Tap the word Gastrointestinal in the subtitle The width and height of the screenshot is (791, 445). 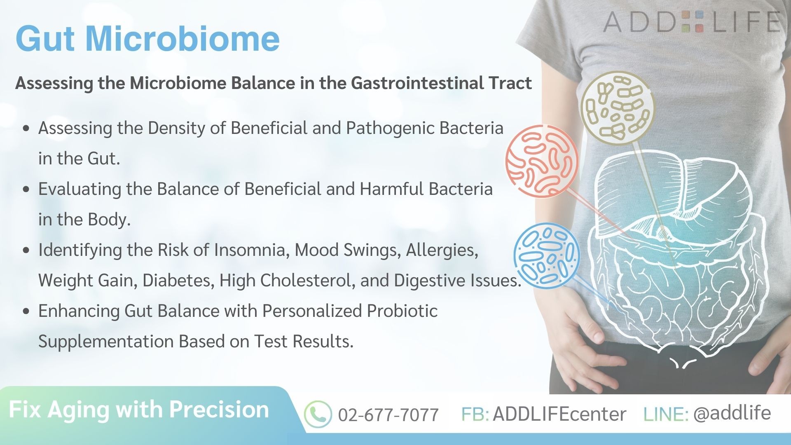[417, 83]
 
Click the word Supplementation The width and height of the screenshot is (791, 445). [106, 342]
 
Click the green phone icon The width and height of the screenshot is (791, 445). [318, 414]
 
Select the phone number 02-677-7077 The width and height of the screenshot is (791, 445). [388, 415]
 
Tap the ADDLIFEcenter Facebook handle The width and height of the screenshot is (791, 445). [559, 414]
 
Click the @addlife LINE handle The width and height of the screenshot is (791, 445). [732, 413]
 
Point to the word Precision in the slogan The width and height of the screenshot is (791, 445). [219, 410]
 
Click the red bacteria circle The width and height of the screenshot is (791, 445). [542, 161]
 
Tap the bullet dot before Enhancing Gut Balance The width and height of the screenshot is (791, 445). [27, 311]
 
